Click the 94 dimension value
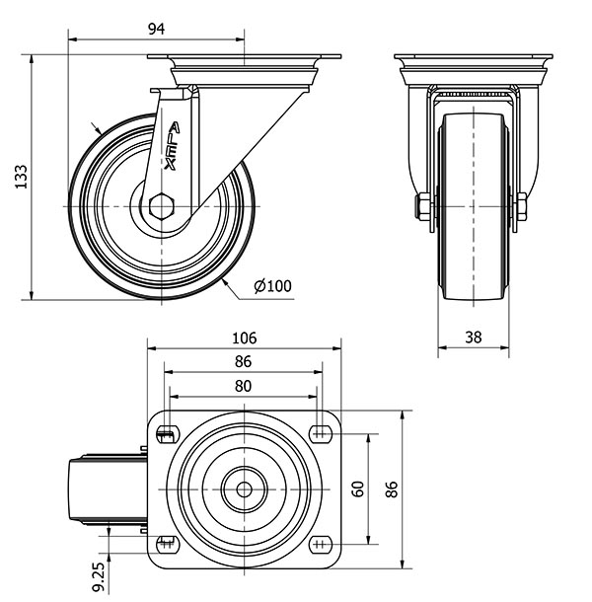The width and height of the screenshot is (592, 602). (x=156, y=28)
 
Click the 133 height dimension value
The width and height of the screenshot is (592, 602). (x=19, y=176)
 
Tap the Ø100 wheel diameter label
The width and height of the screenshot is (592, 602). (x=272, y=286)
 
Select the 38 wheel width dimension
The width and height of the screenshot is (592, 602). (x=473, y=337)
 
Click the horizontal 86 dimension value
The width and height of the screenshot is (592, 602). (x=245, y=362)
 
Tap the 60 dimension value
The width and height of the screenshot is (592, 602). (x=358, y=489)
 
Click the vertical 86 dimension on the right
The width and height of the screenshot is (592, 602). (x=392, y=489)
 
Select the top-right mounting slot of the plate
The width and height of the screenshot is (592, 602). (x=321, y=432)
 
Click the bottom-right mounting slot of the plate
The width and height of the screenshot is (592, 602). (x=321, y=542)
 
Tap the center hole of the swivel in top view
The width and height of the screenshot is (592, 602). (x=244, y=488)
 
